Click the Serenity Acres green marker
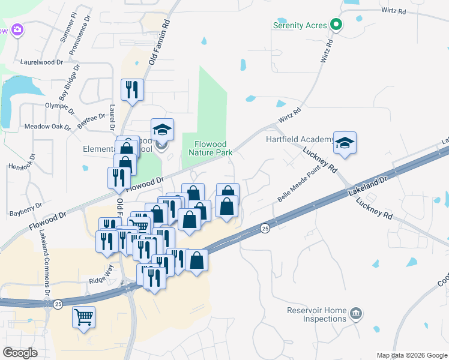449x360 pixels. (337, 25)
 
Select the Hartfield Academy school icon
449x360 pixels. (345, 143)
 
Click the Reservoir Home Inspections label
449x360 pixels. (317, 314)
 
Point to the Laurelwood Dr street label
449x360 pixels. (41, 62)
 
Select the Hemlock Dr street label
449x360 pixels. (22, 161)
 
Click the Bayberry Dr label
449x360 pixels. (25, 209)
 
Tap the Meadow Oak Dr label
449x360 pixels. (47, 127)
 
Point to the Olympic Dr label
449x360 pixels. (59, 107)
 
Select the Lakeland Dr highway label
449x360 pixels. (368, 184)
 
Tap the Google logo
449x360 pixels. (20, 353)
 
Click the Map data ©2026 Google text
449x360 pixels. (411, 355)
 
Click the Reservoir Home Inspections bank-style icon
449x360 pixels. (355, 314)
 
